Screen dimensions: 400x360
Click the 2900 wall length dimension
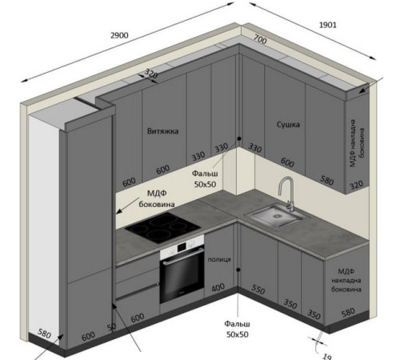pos(119,35)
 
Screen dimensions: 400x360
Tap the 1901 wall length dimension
pos(328,25)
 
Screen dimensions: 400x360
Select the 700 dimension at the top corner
pos(260,39)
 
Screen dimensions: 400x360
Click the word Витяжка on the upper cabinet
pos(162,131)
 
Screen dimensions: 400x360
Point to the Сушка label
pos(288,125)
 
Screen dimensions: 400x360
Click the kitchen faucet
pos(286,194)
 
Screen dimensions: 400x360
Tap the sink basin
pos(278,215)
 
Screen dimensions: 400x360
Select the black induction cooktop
pos(162,227)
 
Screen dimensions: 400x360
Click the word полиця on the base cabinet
pos(219,259)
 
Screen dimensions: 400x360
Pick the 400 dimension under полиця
pos(218,288)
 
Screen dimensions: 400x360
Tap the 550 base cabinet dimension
pos(258,290)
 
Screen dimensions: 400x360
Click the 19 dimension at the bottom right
pos(326,356)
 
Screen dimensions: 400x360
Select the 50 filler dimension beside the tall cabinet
pos(111,327)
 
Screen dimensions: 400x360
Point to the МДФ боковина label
pos(157,198)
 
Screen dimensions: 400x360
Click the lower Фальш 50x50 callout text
pos(238,329)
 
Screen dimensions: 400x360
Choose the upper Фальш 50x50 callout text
pos(205,179)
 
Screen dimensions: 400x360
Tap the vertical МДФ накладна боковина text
pos(357,143)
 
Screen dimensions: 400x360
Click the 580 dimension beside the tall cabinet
pos(44,334)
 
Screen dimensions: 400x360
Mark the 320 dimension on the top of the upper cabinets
pos(151,74)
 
